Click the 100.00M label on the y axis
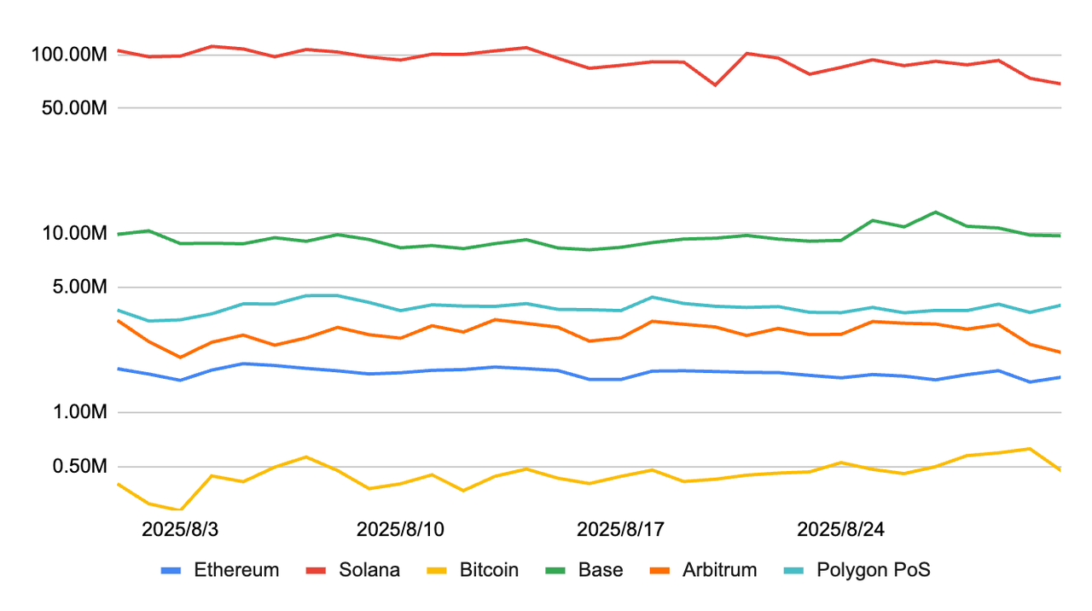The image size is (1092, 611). coord(69,54)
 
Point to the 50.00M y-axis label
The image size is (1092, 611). coord(74,108)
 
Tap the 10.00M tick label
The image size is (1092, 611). coord(74,233)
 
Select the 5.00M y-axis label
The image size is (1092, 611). coord(79,287)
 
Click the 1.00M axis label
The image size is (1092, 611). coord(79,412)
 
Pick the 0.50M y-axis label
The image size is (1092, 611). coord(79,466)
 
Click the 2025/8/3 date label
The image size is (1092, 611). coord(180,529)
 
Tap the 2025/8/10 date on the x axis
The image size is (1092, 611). coord(400,529)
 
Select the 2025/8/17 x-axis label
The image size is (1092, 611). coord(620,529)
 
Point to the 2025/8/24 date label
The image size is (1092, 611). coord(841,529)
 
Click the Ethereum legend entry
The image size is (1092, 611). coord(220,569)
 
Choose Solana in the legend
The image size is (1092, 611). coord(353,569)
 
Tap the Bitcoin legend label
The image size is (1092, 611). coord(473,569)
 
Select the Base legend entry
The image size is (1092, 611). coord(584,569)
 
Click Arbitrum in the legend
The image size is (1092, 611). coord(704,569)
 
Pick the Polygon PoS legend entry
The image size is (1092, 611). coord(857,569)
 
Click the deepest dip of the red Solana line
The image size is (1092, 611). coord(715,85)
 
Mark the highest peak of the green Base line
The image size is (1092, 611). coord(935,212)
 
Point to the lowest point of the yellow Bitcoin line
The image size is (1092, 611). coord(180,510)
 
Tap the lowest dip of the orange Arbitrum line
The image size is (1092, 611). coord(180,358)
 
